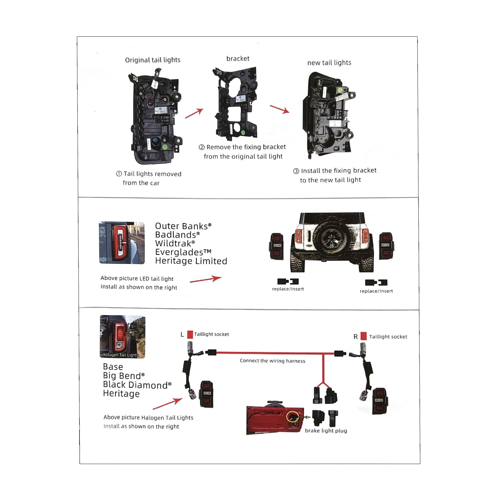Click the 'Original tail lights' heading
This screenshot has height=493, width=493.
tap(153, 60)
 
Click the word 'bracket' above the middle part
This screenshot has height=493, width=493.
tap(238, 59)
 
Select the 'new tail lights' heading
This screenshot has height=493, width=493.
tap(329, 63)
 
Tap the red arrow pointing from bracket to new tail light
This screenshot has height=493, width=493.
tap(279, 109)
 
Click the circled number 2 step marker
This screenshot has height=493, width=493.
tap(202, 147)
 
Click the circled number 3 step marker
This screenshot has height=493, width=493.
tap(296, 171)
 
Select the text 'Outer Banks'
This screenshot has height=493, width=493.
tap(181, 226)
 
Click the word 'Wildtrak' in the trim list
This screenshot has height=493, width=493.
tap(173, 243)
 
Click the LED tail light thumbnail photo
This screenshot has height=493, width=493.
tap(122, 243)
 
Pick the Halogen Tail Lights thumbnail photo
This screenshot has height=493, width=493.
tap(123, 336)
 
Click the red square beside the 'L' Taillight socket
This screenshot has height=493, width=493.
tap(190, 334)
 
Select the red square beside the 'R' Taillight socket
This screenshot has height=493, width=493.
tap(364, 336)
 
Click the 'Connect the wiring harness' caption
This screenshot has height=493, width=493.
tap(272, 361)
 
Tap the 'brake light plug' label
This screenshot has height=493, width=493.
tap(326, 431)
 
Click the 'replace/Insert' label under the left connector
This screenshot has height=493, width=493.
tap(288, 289)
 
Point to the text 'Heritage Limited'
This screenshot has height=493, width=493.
tap(191, 261)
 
